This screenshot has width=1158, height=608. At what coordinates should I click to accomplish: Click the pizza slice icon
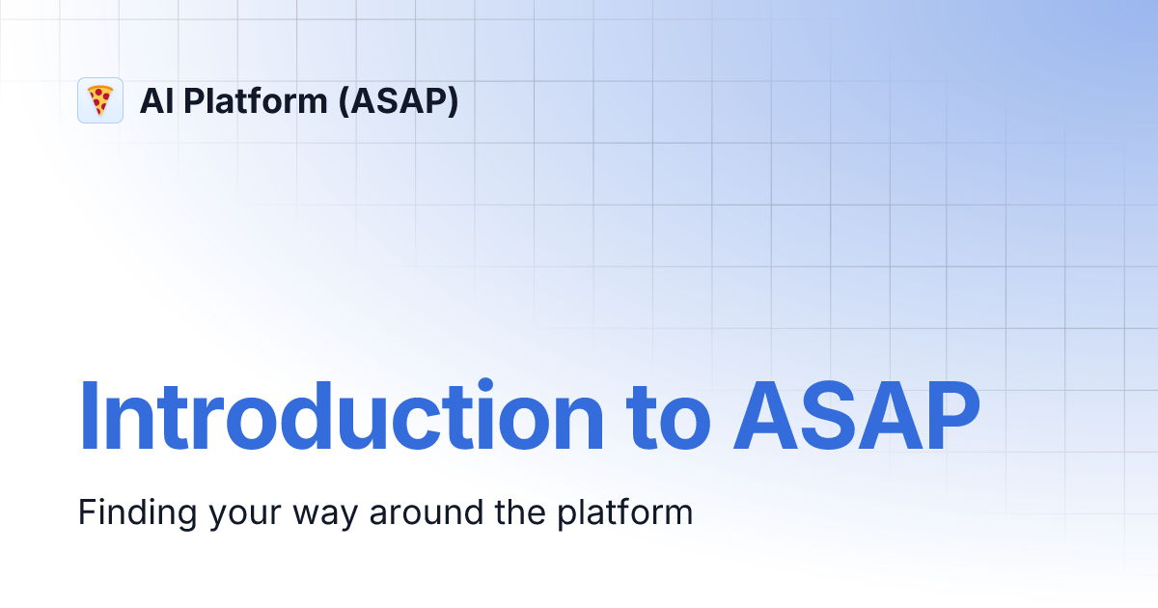[100, 100]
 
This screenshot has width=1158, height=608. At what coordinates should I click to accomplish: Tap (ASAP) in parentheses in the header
[398, 100]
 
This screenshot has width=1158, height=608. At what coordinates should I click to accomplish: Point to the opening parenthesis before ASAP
[343, 100]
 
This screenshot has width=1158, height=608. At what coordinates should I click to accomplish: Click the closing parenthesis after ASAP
[453, 100]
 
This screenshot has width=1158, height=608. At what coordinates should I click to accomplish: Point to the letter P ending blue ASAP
[950, 417]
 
